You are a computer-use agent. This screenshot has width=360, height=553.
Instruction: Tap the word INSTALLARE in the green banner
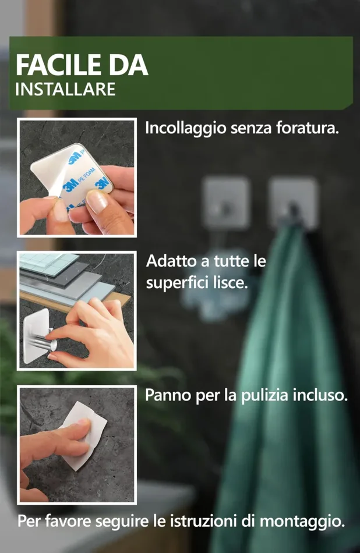[65, 90]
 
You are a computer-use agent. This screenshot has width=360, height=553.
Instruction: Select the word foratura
[309, 128]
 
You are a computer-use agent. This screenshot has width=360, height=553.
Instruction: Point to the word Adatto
[167, 261]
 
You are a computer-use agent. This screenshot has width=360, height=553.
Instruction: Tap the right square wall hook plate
[292, 201]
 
